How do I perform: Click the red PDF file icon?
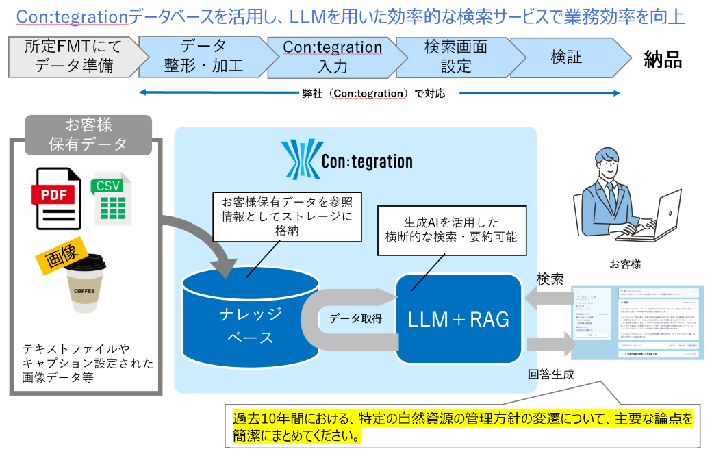pos(58,199)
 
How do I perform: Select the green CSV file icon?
pos(111,200)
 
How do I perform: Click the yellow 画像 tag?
pos(59,255)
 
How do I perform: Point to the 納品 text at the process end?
pos(663,59)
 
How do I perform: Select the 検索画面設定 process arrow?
pos(455,58)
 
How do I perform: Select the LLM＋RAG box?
pos(459,319)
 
